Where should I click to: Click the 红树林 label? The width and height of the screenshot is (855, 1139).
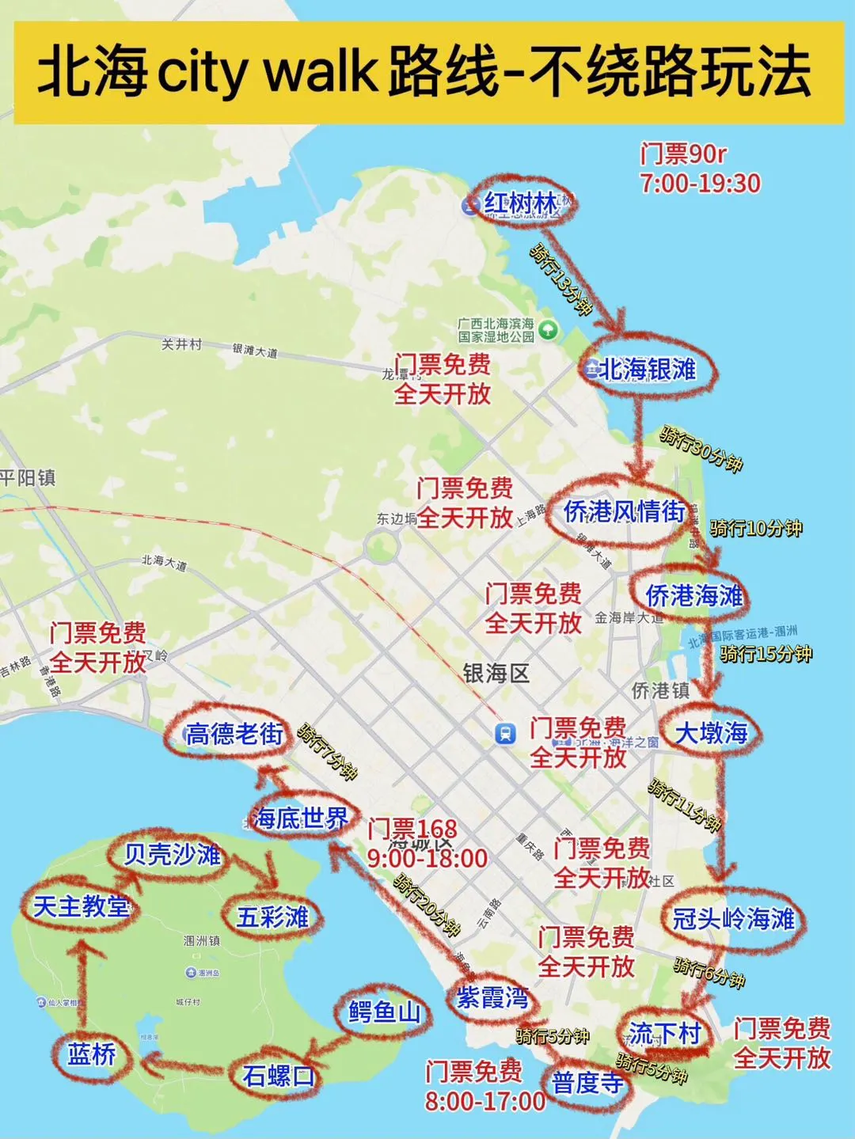click(522, 204)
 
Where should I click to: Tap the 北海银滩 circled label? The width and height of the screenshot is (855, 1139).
click(648, 369)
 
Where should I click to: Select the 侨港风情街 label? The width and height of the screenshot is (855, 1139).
click(624, 511)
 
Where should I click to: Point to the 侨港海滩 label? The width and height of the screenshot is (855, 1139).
click(694, 595)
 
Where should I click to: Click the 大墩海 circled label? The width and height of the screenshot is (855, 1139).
click(711, 733)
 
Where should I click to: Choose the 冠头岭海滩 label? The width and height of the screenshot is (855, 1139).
click(733, 919)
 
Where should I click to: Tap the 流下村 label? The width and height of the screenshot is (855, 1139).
click(665, 1032)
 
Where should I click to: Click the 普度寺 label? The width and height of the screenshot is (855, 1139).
click(588, 1082)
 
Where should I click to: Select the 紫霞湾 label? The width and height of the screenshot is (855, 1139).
click(492, 997)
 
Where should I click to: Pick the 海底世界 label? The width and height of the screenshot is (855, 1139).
click(301, 818)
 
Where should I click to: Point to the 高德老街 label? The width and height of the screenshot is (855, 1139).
click(234, 734)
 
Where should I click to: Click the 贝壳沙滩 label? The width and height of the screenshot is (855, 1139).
click(173, 854)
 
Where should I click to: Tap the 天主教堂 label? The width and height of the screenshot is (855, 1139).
click(82, 906)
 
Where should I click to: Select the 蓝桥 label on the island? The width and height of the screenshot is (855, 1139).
click(92, 1054)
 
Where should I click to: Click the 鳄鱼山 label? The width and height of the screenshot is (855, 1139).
click(385, 1012)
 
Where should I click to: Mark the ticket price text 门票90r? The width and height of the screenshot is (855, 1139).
click(683, 153)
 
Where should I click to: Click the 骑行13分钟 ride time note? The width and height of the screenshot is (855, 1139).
click(561, 279)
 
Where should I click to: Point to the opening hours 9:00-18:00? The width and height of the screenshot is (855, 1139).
click(427, 859)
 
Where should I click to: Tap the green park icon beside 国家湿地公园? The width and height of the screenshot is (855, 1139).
click(548, 328)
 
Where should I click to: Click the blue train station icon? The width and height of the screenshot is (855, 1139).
click(504, 733)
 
